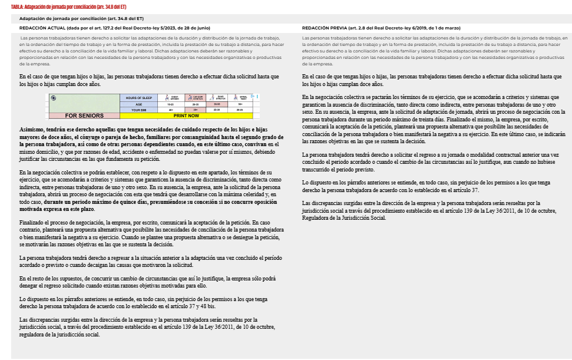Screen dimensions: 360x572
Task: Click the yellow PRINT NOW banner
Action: pyautogui.click(x=186, y=115)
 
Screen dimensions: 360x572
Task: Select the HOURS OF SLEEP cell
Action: pyautogui.click(x=138, y=98)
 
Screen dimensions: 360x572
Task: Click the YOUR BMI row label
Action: pyautogui.click(x=138, y=110)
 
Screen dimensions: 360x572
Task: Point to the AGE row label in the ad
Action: pyautogui.click(x=138, y=104)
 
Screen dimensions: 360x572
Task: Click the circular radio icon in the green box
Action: pyautogui.click(x=54, y=98)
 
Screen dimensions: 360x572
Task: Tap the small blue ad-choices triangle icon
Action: pyautogui.click(x=252, y=96)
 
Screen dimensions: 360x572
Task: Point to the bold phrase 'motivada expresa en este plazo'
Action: pyautogui.click(x=58, y=209)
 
